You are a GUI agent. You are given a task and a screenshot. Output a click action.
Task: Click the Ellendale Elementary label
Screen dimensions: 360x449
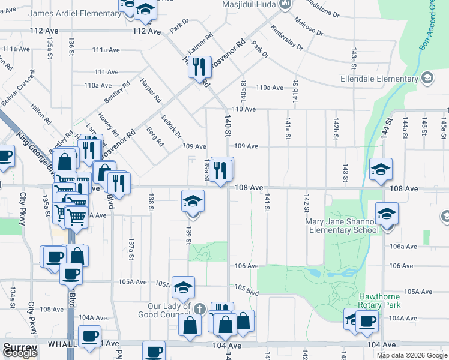378,79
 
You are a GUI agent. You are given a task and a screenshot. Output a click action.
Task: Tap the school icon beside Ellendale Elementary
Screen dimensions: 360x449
427,78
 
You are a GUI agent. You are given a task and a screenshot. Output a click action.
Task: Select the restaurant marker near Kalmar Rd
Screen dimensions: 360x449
200,66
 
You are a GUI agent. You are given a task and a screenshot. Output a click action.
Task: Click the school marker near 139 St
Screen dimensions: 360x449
193,202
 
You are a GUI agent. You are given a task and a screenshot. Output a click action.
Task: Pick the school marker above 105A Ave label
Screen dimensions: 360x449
184,288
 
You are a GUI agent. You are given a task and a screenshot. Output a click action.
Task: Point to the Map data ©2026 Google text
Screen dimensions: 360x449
411,355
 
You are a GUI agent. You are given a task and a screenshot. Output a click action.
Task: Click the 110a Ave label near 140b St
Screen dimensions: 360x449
269,88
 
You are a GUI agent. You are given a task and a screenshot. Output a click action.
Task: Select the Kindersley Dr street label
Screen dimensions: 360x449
286,37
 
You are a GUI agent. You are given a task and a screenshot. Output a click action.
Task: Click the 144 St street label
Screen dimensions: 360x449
388,129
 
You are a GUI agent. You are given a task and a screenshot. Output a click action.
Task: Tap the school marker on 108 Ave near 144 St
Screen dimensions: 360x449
381,170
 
